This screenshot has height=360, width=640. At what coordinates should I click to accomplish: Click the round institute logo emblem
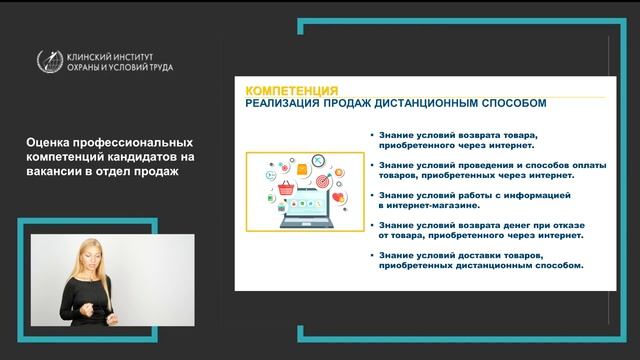tap(49, 61)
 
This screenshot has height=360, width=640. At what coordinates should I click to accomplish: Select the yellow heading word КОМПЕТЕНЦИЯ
tap(291, 89)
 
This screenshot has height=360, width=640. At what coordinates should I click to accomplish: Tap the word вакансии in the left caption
tap(52, 171)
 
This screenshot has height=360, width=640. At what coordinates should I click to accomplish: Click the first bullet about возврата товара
tap(461, 138)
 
